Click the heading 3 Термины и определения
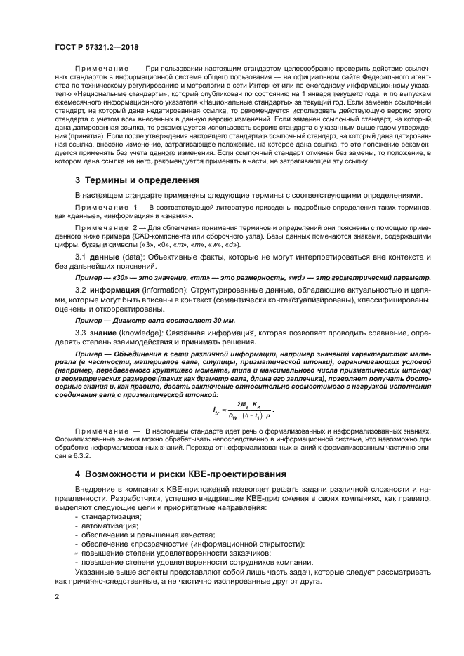click(136, 180)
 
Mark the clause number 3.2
click(80, 290)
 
